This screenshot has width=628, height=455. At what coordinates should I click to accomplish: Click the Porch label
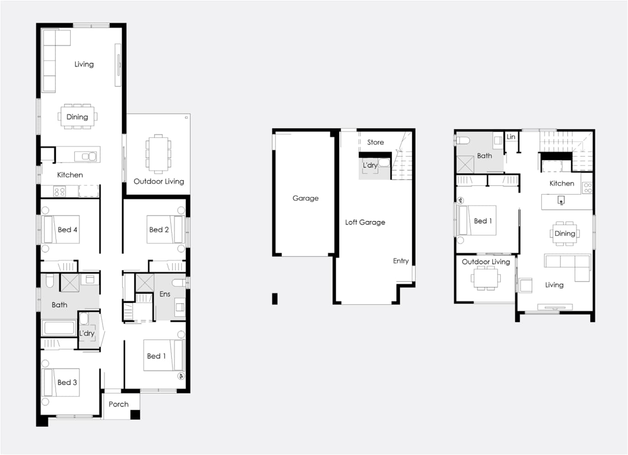point(118,404)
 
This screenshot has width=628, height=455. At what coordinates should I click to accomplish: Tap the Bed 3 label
point(67,382)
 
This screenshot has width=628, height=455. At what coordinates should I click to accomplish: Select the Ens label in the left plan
point(165,294)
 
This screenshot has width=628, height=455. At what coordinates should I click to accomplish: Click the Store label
point(375,142)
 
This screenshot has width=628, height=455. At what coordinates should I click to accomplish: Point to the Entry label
point(401,261)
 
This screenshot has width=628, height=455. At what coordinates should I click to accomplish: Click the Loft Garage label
point(365,222)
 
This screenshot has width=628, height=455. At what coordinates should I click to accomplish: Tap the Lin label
point(511,137)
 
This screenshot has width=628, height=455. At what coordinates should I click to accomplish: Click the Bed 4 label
point(67,229)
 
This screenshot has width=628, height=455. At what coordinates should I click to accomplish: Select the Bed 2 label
point(159,229)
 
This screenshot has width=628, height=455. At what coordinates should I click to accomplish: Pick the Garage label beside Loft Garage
point(305,198)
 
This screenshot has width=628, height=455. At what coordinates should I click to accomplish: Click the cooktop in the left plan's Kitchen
point(59,191)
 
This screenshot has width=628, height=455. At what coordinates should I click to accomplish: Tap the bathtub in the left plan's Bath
point(59,328)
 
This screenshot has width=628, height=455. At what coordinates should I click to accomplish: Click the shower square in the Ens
point(145,283)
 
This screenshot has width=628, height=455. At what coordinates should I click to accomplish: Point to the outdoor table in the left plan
point(159,154)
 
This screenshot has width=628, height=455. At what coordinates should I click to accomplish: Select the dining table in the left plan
point(78,116)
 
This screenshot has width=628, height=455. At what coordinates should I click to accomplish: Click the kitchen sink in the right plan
point(561,201)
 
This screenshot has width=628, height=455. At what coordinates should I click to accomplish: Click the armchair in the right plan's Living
point(525,286)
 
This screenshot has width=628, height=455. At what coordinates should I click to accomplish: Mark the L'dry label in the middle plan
point(370,165)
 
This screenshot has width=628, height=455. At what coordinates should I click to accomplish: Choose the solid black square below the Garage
point(275,299)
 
